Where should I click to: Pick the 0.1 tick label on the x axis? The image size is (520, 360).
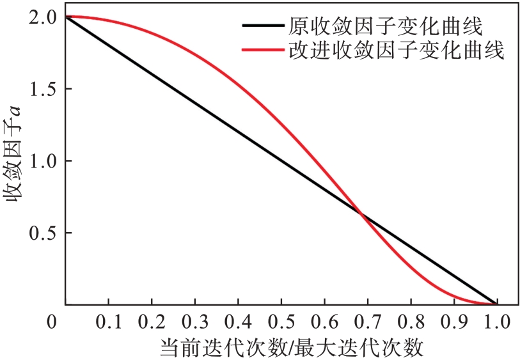coord(108,320)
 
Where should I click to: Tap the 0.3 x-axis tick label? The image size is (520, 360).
coord(194,320)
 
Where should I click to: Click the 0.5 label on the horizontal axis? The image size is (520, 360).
coord(281,320)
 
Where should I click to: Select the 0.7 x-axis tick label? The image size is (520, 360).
coord(367,320)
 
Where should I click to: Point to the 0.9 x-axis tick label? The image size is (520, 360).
coord(453,320)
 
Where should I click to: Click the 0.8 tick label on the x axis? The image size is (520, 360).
coord(411,320)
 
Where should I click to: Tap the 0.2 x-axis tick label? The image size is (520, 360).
coord(152,320)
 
